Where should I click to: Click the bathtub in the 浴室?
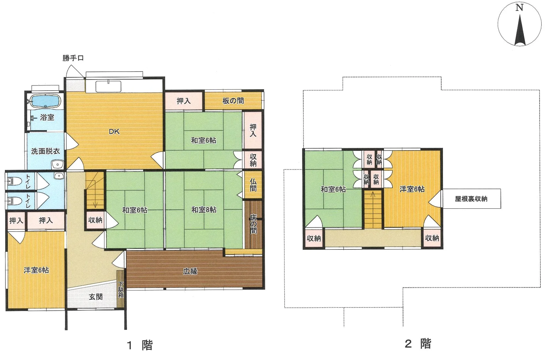click(45, 101)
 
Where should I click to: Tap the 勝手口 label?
click(73, 58)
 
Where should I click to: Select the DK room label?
click(114, 132)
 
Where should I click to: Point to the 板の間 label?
click(233, 101)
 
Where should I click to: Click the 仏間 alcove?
click(253, 185)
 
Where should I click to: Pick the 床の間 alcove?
click(253, 224)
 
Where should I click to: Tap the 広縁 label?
click(190, 271)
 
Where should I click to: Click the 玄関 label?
click(96, 297)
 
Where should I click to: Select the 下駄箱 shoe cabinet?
click(121, 289)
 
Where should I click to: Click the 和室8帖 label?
click(204, 210)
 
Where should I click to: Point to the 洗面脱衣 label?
click(46, 151)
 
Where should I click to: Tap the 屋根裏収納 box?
click(471, 199)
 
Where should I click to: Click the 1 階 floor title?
click(140, 345)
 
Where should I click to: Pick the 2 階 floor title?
click(418, 344)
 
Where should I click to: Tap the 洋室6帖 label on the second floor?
click(412, 189)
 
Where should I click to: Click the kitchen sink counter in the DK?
click(108, 86)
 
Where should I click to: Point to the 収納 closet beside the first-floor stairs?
click(95, 220)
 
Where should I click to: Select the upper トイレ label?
click(28, 181)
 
